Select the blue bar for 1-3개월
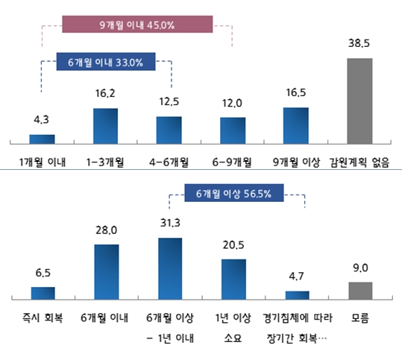pyautogui.click(x=105, y=125)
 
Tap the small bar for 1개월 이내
pyautogui.click(x=42, y=139)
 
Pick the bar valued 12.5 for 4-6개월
pyautogui.click(x=169, y=130)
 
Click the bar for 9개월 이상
pyautogui.click(x=295, y=125)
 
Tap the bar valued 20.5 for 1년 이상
pyautogui.click(x=233, y=279)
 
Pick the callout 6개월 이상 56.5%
pyautogui.click(x=233, y=194)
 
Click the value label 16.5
pyautogui.click(x=295, y=93)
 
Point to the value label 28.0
pyautogui.click(x=106, y=230)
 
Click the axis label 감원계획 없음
pyautogui.click(x=361, y=161)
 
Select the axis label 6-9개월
pyautogui.click(x=232, y=161)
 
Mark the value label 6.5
pyautogui.click(x=43, y=274)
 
